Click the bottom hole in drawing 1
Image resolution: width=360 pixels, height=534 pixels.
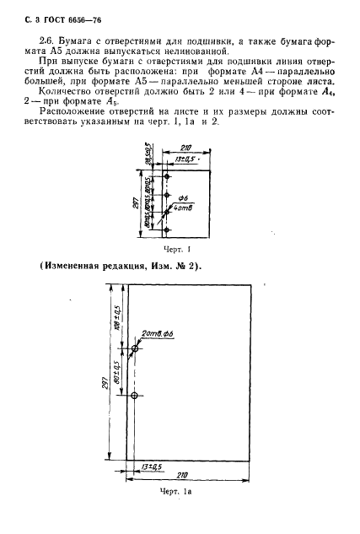167,230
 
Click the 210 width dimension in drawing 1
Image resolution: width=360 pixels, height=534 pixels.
186,146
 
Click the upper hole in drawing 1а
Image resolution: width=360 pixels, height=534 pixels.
134,348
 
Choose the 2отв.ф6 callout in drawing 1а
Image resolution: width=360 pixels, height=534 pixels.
159,332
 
